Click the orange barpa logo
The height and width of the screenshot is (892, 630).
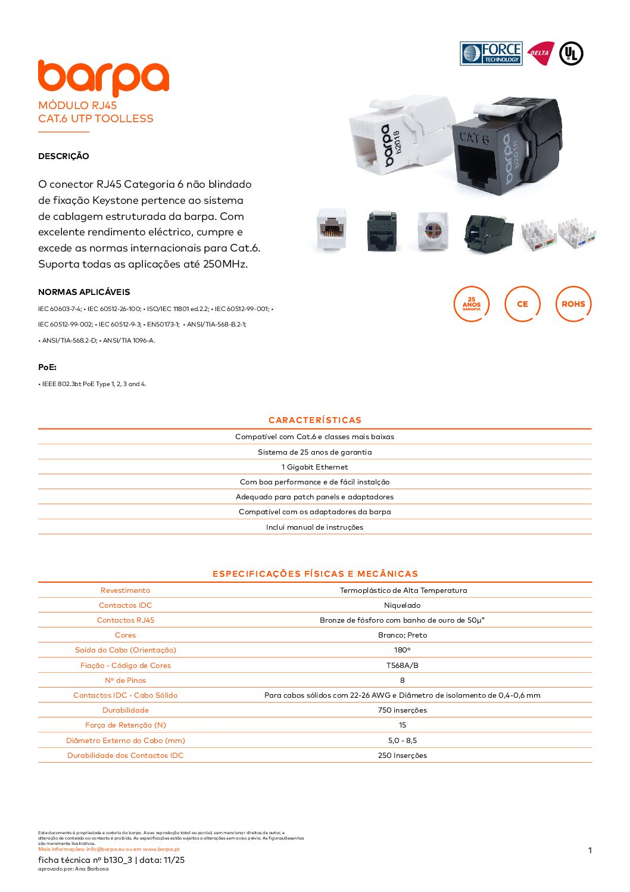[x=103, y=77]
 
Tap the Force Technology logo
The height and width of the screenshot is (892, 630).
[x=491, y=54]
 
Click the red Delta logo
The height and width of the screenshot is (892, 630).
[x=540, y=53]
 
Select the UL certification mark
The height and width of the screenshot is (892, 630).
[x=571, y=54]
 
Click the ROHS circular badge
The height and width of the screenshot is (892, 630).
[x=573, y=304]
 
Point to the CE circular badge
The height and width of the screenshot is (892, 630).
[x=522, y=304]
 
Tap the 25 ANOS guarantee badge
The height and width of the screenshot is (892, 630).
[x=472, y=304]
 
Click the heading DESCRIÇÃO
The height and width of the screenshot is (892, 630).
[x=64, y=156]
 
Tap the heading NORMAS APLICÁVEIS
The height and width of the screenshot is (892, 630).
[x=84, y=292]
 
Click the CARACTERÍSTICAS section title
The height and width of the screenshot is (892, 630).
[x=315, y=420]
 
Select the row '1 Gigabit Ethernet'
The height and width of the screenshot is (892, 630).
[x=315, y=467]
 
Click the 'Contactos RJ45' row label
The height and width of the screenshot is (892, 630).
[x=126, y=620]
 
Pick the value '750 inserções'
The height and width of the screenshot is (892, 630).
[x=403, y=710]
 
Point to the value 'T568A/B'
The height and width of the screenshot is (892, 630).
[x=403, y=666]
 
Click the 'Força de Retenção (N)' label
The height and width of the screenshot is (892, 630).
[x=126, y=725]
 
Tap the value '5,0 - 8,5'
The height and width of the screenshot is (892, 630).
[x=403, y=741]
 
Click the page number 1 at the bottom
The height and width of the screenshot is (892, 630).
[x=590, y=850]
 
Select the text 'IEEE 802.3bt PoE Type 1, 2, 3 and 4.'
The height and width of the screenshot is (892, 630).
[x=93, y=384]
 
